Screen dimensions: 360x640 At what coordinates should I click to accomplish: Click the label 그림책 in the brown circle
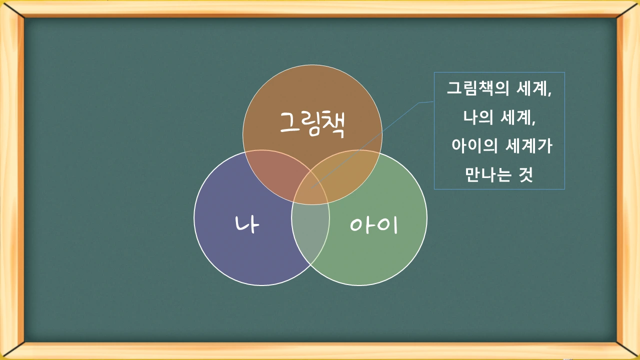312,123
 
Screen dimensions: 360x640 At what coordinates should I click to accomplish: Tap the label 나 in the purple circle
247,224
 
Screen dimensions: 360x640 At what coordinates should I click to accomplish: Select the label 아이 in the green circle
373,225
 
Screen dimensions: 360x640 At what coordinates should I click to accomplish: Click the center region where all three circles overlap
311,190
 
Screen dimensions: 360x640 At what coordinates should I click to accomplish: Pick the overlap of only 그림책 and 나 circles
272,172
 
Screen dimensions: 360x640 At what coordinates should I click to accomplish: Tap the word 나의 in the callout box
478,118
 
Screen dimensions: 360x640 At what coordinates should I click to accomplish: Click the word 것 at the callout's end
525,175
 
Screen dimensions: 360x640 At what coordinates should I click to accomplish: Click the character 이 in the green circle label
388,225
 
